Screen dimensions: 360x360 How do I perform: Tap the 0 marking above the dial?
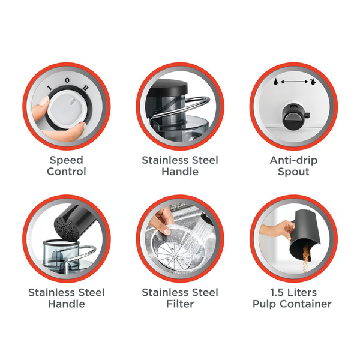[x=67, y=80]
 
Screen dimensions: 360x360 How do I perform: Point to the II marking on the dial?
[x=85, y=88]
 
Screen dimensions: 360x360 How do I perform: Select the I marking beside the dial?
[x=49, y=88]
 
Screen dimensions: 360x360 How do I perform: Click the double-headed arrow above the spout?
[x=294, y=82]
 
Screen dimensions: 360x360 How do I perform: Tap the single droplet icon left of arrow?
[x=276, y=81]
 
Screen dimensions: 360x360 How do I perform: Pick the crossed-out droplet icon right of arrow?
[x=312, y=82]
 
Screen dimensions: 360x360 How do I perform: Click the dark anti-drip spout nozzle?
[x=295, y=115]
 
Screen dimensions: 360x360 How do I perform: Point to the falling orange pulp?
[x=305, y=258]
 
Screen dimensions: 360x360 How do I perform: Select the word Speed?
[x=67, y=160]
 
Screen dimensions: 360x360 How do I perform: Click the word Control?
[x=67, y=172]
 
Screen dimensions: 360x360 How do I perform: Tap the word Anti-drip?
[x=293, y=160]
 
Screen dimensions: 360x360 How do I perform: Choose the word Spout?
[x=293, y=172]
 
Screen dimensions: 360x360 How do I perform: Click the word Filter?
[x=180, y=304]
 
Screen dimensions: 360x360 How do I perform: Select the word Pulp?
[x=264, y=304]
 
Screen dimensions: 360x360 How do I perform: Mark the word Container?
[x=305, y=304]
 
